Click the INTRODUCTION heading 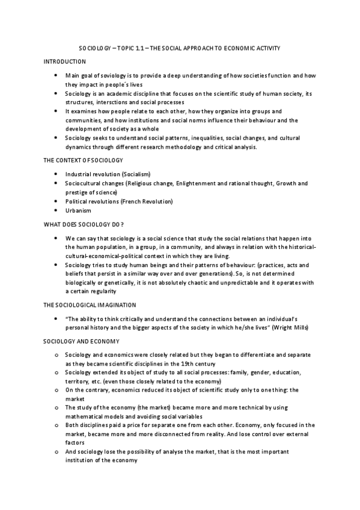point(65,62)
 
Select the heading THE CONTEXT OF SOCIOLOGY point(83,161)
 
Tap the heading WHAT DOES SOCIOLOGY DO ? point(84,224)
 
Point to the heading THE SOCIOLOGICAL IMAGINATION point(90,305)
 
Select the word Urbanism point(78,211)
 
